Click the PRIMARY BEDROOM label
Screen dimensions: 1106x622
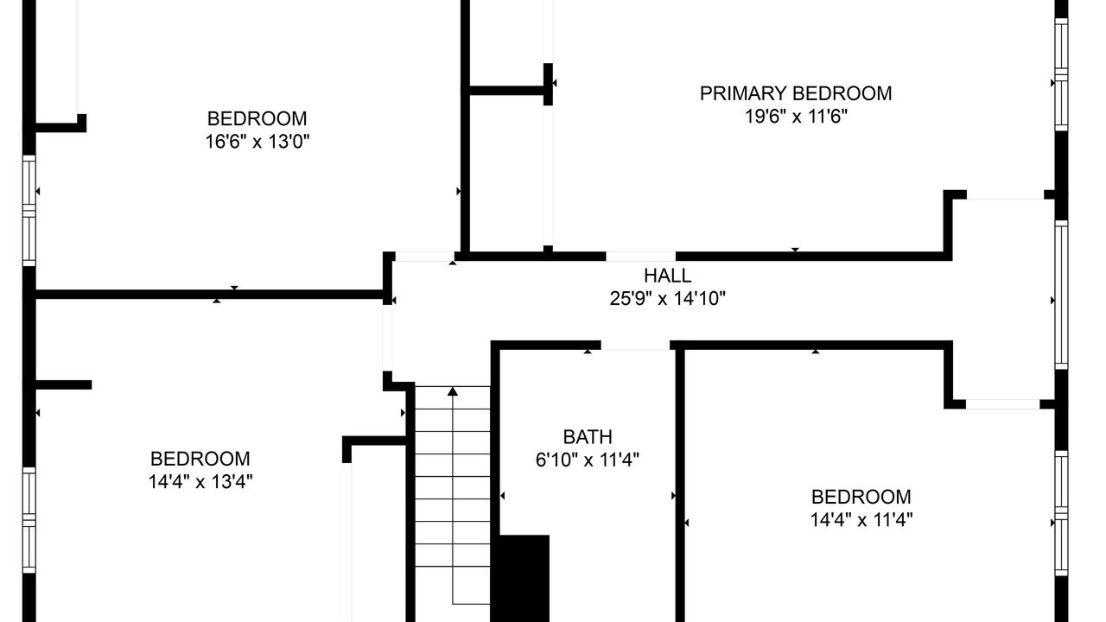pos(796,93)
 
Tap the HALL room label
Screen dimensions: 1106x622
pos(668,276)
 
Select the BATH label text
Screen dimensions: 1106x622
pos(588,437)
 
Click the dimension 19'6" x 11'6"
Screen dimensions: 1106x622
pos(796,117)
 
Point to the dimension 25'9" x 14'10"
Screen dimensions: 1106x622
pos(668,299)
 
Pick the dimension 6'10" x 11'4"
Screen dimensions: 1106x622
pos(588,460)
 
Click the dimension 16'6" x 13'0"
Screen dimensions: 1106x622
pos(257,142)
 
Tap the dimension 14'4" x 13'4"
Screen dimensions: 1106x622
pos(200,481)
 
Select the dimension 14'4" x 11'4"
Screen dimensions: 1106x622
pos(861,520)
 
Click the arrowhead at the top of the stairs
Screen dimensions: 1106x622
pos(453,391)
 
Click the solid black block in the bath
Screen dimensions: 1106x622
pos(524,578)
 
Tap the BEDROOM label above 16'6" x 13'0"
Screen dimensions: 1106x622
pos(257,118)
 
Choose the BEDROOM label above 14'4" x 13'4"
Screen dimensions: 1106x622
pos(200,459)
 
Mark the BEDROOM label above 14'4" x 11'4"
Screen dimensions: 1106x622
pos(861,497)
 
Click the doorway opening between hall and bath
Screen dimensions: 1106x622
pos(635,345)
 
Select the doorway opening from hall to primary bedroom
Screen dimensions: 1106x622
pos(641,257)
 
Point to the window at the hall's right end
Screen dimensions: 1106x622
pos(1061,295)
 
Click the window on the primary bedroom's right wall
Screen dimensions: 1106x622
pos(1061,74)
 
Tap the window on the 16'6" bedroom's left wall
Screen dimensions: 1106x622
pos(29,211)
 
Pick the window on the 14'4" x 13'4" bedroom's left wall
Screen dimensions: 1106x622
pos(29,520)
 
